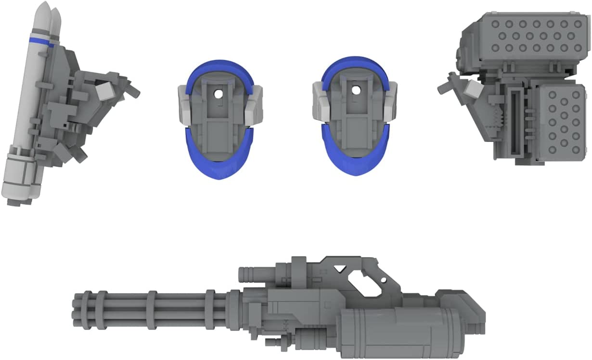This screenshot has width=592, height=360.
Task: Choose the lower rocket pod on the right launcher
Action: click(x=558, y=121)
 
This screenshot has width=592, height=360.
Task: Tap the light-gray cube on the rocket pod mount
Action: click(x=475, y=89)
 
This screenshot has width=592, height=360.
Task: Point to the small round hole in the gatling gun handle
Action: click(x=383, y=280)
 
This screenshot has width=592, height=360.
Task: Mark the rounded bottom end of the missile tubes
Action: click(x=19, y=193)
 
